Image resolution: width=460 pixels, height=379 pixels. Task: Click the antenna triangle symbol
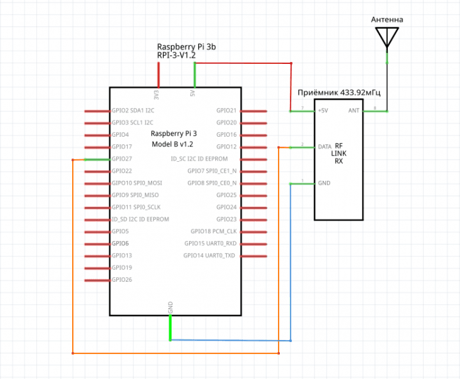(x=387, y=37)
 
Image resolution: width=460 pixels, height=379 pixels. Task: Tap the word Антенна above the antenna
(x=387, y=20)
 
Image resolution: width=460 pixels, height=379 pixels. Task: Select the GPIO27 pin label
(x=121, y=159)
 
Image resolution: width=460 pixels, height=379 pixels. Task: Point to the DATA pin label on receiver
(x=325, y=146)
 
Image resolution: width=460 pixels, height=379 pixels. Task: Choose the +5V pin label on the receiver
(x=323, y=111)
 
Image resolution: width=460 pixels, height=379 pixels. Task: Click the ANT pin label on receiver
(x=353, y=111)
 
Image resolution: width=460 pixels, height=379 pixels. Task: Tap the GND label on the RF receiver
(x=324, y=183)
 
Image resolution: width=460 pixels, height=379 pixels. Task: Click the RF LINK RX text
(x=339, y=153)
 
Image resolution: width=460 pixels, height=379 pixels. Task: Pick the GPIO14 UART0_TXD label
(x=210, y=256)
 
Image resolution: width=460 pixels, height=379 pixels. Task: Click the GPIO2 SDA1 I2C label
(x=132, y=111)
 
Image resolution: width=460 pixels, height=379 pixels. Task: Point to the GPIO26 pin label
(x=121, y=280)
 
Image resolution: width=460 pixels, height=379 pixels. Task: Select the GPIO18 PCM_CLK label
(x=213, y=231)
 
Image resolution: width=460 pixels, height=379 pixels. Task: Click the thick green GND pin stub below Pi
(x=171, y=328)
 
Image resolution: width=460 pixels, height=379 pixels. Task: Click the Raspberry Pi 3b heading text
(x=190, y=47)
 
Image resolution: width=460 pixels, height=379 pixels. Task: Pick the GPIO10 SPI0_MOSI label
(x=137, y=183)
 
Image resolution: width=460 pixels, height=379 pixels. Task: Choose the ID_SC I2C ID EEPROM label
(x=199, y=159)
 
